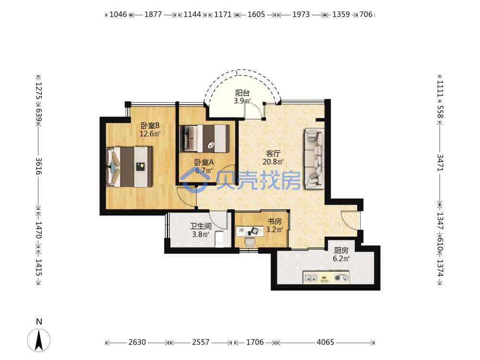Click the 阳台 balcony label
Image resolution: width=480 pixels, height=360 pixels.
242,93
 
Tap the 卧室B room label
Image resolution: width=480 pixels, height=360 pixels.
150,125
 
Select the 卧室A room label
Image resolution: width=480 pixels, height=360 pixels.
204,162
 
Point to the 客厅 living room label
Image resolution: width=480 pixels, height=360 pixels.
273,154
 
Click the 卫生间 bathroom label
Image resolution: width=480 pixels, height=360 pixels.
201,226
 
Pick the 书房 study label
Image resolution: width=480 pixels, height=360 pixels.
274,221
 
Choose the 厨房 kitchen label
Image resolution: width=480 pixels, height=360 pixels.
341,251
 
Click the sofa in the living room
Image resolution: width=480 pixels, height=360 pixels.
314,158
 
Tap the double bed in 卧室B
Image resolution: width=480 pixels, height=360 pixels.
129,167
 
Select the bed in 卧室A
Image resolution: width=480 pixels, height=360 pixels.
204,138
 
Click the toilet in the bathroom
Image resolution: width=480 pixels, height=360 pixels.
220,239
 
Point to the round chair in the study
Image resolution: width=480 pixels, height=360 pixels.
250,242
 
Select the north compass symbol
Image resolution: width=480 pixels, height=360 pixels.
39,340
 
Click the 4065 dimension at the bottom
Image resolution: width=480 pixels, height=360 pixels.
325,342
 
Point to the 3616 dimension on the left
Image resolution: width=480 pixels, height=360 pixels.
38,166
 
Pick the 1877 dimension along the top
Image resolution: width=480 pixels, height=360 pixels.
153,14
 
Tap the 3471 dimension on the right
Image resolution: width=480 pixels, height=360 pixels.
440,163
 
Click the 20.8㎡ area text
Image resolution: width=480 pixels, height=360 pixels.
273,162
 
